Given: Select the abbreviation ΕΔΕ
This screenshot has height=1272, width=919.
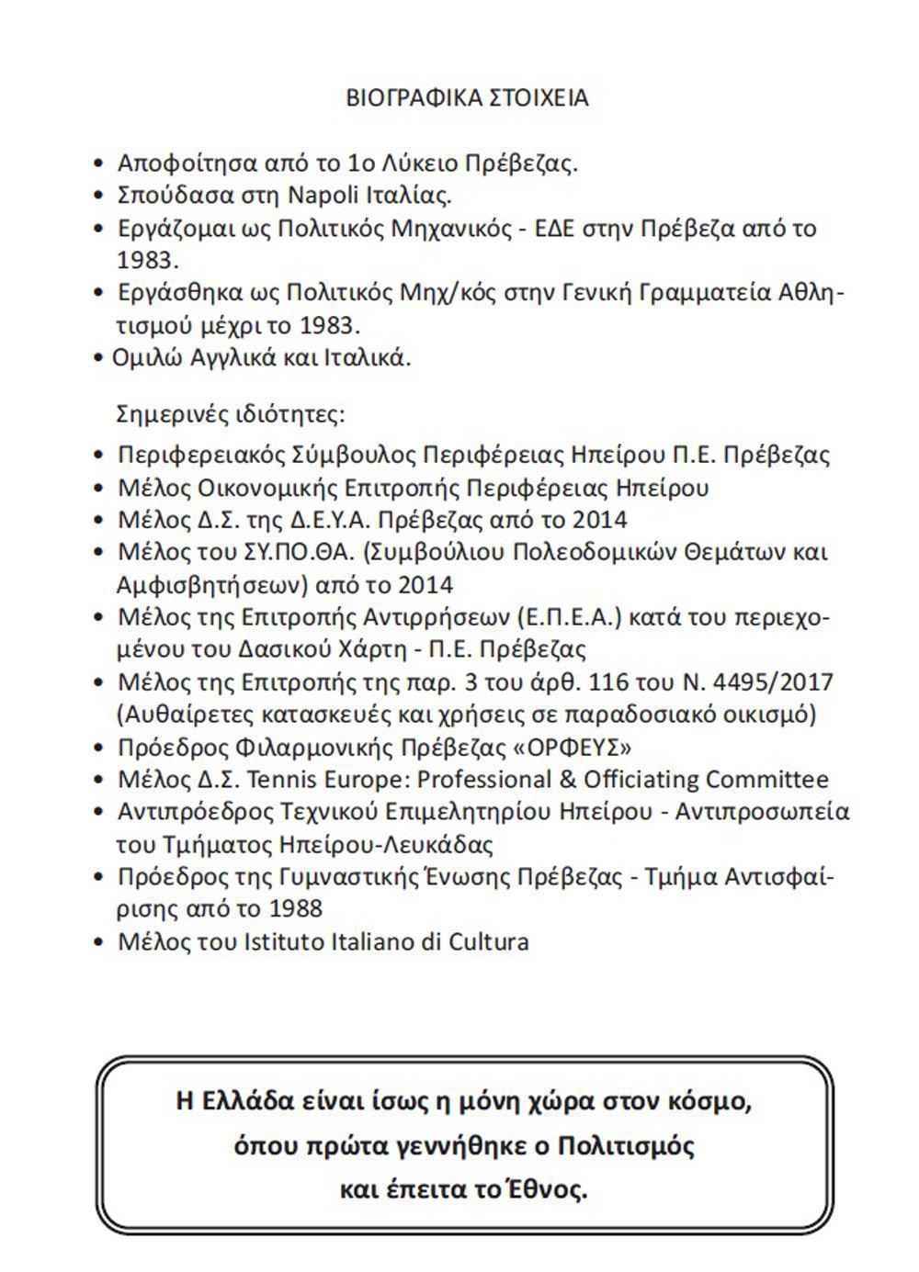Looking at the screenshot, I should [x=571, y=228].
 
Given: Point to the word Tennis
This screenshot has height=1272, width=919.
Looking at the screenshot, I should [x=281, y=780].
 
